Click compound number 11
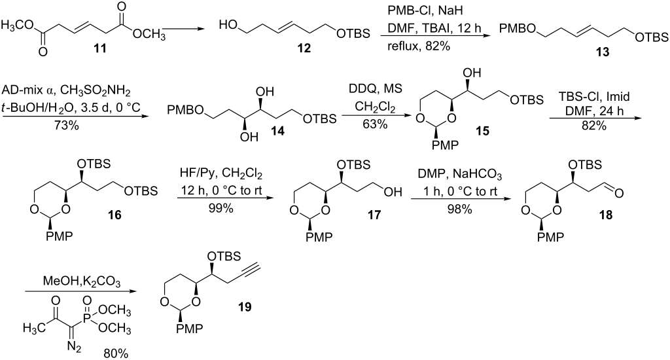[100, 48]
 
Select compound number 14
[277, 132]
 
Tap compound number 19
[245, 306]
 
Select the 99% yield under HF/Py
[220, 208]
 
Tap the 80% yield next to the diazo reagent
[115, 353]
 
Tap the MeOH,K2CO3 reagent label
[77, 282]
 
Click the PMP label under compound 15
[444, 146]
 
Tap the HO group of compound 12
[228, 26]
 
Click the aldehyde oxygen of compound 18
[618, 193]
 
